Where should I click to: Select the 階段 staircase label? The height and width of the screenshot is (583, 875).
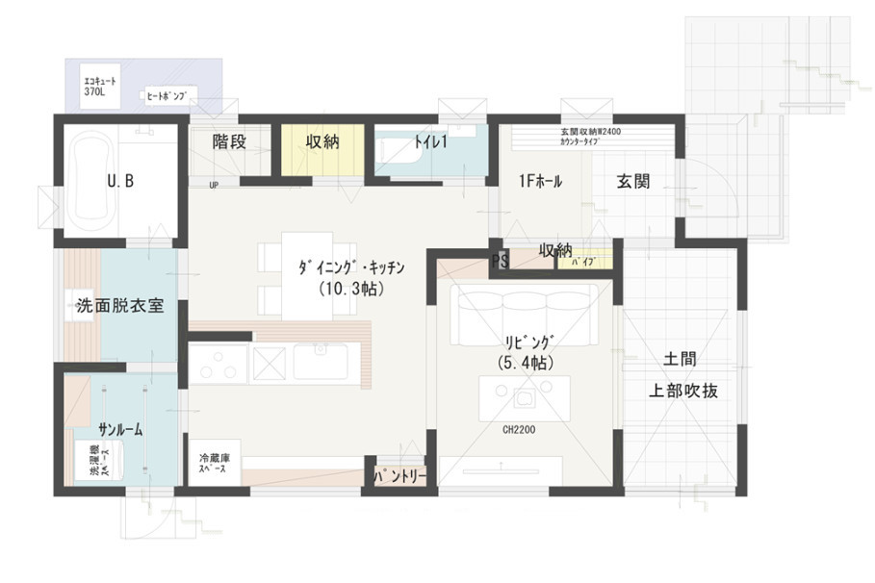(x=229, y=142)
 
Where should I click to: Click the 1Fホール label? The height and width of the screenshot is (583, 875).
(x=540, y=182)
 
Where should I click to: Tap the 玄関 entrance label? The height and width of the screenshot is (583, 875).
(x=632, y=182)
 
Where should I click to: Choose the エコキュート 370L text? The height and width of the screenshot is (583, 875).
(x=100, y=85)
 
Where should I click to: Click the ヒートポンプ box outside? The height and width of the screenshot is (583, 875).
(x=169, y=95)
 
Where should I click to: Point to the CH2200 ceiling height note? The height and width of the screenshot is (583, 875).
(x=519, y=430)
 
